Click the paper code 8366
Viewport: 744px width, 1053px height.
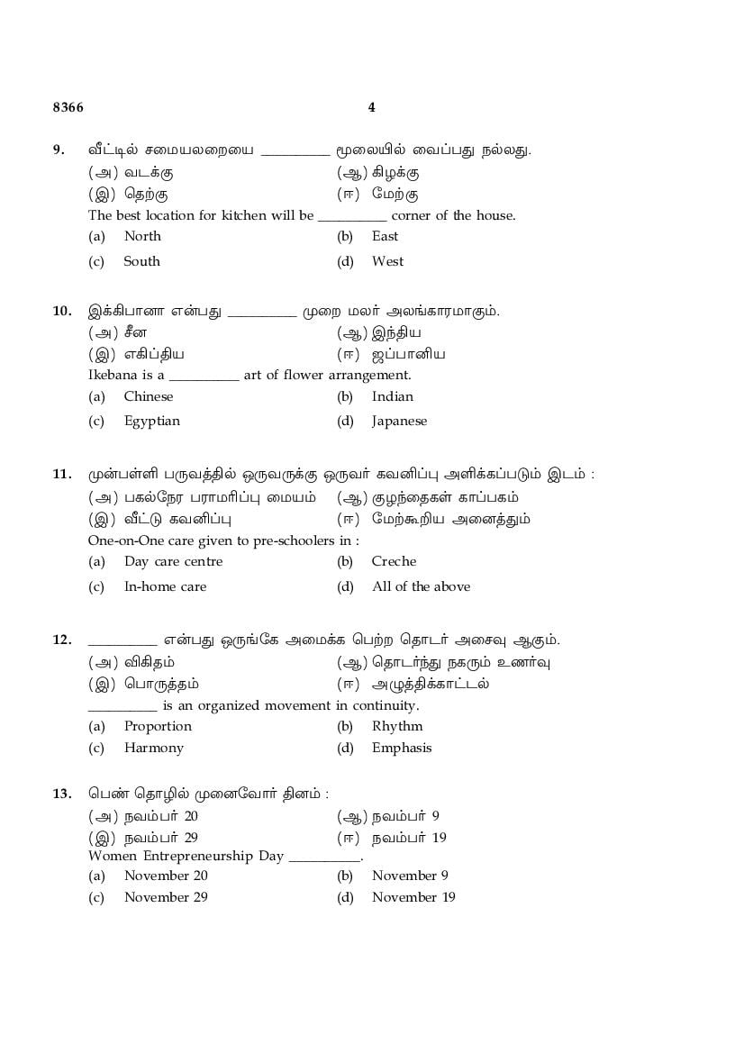(x=68, y=107)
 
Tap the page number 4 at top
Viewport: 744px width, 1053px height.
(x=372, y=107)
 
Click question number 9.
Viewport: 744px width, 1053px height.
(x=59, y=150)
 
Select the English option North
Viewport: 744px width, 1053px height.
(x=142, y=236)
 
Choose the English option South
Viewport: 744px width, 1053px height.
(x=141, y=261)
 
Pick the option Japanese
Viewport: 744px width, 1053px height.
(x=399, y=421)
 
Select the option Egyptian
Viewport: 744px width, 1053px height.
(x=151, y=421)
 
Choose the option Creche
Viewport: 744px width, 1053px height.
(x=392, y=561)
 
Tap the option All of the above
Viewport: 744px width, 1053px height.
(x=421, y=586)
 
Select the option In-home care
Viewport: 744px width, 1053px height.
(x=165, y=586)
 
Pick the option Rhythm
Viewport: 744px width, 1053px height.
(x=396, y=726)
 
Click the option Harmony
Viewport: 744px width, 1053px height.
(x=153, y=748)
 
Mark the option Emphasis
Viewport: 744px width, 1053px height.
(x=402, y=748)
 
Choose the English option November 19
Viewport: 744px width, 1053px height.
(x=413, y=897)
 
